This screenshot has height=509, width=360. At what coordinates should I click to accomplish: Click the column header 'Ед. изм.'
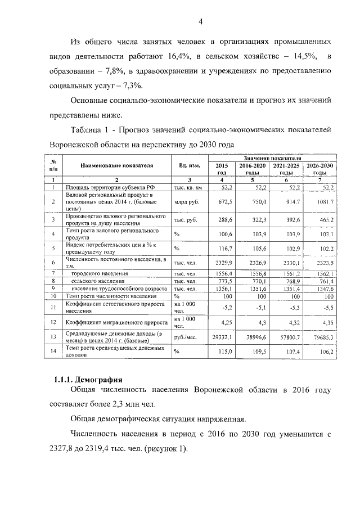point(186,166)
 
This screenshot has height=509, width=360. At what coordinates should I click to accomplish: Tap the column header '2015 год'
point(222,169)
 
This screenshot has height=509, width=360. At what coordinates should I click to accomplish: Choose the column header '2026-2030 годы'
point(319,169)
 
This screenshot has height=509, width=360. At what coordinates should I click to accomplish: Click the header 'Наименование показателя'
point(116,166)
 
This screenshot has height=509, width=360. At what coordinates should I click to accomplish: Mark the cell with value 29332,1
point(222,337)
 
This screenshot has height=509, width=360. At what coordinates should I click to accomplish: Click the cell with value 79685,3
point(321,337)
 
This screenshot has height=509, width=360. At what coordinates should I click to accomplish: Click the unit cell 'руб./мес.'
point(185,337)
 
